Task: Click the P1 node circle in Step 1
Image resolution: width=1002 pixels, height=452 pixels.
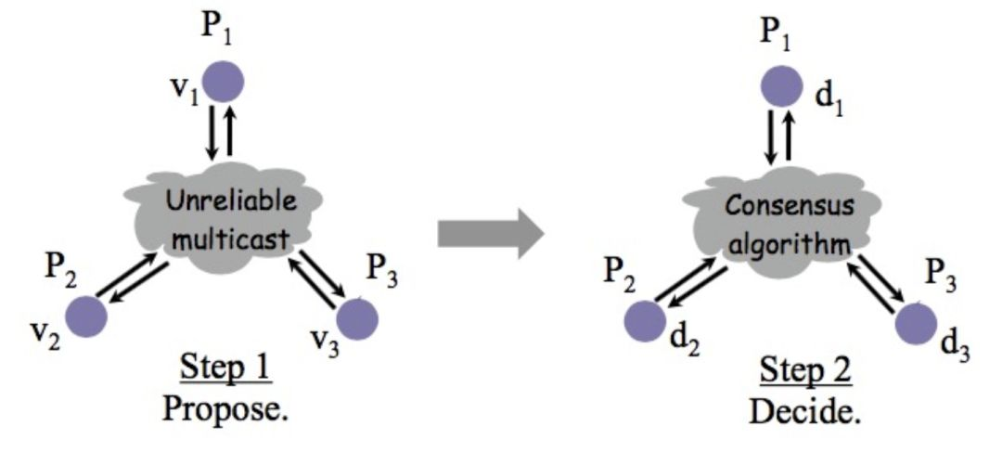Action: point(224,81)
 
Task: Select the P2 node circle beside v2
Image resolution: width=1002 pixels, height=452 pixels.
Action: point(86,316)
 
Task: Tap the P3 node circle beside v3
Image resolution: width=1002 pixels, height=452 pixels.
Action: point(357,317)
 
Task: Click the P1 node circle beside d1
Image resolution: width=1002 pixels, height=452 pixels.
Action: point(782,84)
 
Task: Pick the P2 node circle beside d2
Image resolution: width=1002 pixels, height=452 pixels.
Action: point(645,319)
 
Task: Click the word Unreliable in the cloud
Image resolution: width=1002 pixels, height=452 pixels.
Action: point(220,201)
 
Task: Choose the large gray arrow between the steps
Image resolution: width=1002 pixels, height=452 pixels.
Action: point(490,232)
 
